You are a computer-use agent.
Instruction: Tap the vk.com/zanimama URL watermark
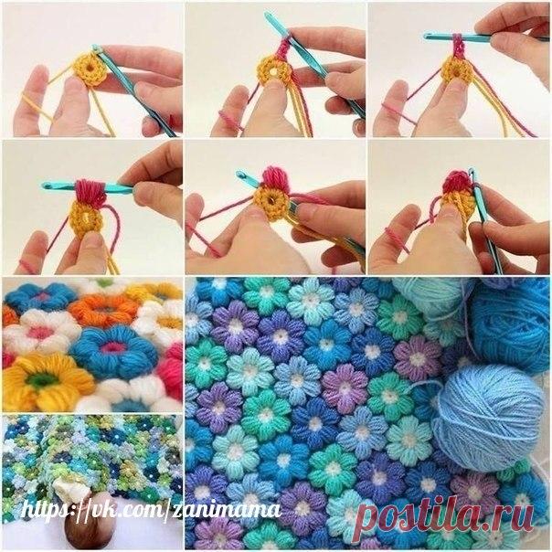[x=152, y=510]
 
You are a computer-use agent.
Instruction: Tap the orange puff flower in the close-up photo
[x=100, y=309]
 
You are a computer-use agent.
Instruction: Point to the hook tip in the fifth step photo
[x=240, y=175]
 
